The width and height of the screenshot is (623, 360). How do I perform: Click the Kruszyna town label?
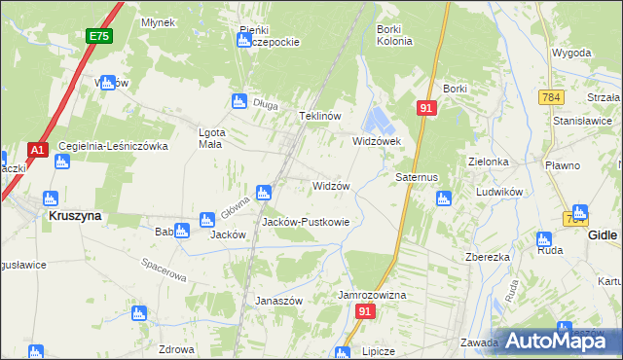click(x=75, y=217)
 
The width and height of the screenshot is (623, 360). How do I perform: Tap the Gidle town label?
click(x=604, y=235)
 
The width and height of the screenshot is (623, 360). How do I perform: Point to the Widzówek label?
click(x=371, y=141)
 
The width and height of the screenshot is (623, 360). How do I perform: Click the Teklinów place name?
click(x=319, y=116)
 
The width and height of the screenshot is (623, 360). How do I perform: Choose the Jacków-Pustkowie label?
click(x=306, y=222)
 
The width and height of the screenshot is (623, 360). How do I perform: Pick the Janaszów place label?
click(x=279, y=301)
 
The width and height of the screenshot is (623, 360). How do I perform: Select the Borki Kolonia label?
click(x=394, y=35)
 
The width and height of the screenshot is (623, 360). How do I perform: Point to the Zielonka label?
click(x=489, y=162)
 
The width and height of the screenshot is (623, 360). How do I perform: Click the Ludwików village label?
click(x=500, y=192)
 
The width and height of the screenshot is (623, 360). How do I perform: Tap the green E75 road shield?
click(x=97, y=37)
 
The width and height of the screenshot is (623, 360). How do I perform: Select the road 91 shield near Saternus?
click(x=426, y=108)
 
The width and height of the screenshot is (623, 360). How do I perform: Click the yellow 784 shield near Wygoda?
click(x=551, y=97)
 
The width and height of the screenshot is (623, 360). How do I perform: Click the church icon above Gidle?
click(x=580, y=211)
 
